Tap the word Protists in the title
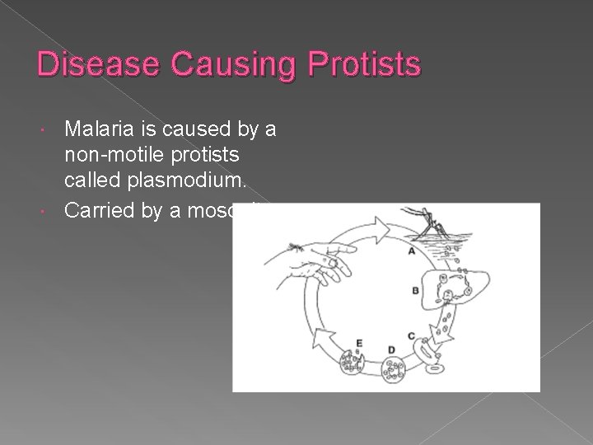pos(357,64)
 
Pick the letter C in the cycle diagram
pos(410,336)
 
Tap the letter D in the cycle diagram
pos(367,350)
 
